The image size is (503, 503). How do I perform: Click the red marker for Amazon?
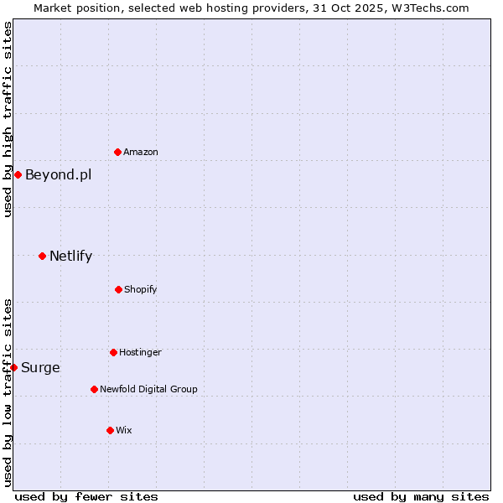[118, 152]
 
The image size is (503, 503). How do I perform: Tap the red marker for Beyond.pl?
[18, 174]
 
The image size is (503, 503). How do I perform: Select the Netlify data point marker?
[42, 256]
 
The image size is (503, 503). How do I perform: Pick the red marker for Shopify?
[118, 289]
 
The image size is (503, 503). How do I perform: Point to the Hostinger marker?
[113, 352]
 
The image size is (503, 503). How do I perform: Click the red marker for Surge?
[13, 367]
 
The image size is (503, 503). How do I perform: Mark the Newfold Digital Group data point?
[94, 389]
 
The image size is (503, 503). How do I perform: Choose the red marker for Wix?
[110, 430]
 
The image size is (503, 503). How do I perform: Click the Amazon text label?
[141, 153]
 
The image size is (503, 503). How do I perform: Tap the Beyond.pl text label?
[58, 175]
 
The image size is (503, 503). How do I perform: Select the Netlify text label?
[70, 257]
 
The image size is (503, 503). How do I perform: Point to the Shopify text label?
[141, 290]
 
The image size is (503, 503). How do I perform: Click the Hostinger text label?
[140, 353]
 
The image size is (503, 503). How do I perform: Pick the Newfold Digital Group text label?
[148, 390]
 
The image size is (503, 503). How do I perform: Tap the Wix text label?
[124, 431]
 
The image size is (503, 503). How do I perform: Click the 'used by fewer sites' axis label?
[86, 496]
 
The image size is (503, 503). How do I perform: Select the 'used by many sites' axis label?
[421, 496]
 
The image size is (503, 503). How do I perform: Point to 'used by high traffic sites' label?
[8, 119]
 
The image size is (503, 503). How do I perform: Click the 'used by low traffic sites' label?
[8, 392]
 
